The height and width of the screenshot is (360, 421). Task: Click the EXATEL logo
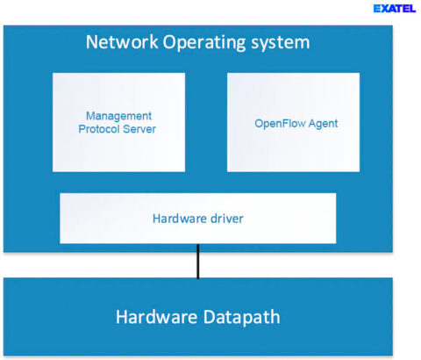pos(394,9)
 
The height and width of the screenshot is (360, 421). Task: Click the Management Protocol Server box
pos(118,121)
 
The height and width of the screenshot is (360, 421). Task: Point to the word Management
pos(118,116)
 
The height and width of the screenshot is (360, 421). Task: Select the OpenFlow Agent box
pos(293,121)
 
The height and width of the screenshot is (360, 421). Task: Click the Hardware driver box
pos(197,218)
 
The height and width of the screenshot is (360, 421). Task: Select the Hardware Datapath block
pos(197,317)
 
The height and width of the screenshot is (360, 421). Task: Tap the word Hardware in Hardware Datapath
pos(154,317)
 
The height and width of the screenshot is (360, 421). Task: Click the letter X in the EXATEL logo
pos(383,9)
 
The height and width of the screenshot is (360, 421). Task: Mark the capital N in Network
pos(91,42)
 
